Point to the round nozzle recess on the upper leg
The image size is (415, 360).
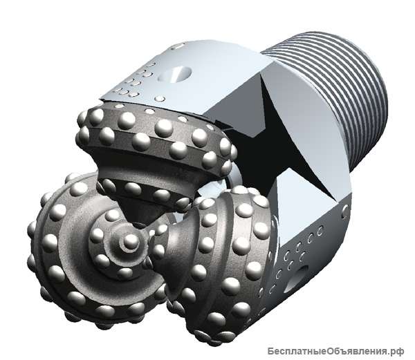tap(174, 73)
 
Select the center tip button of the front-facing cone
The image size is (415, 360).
tap(131, 241)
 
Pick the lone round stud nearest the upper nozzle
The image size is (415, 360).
tap(160, 99)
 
